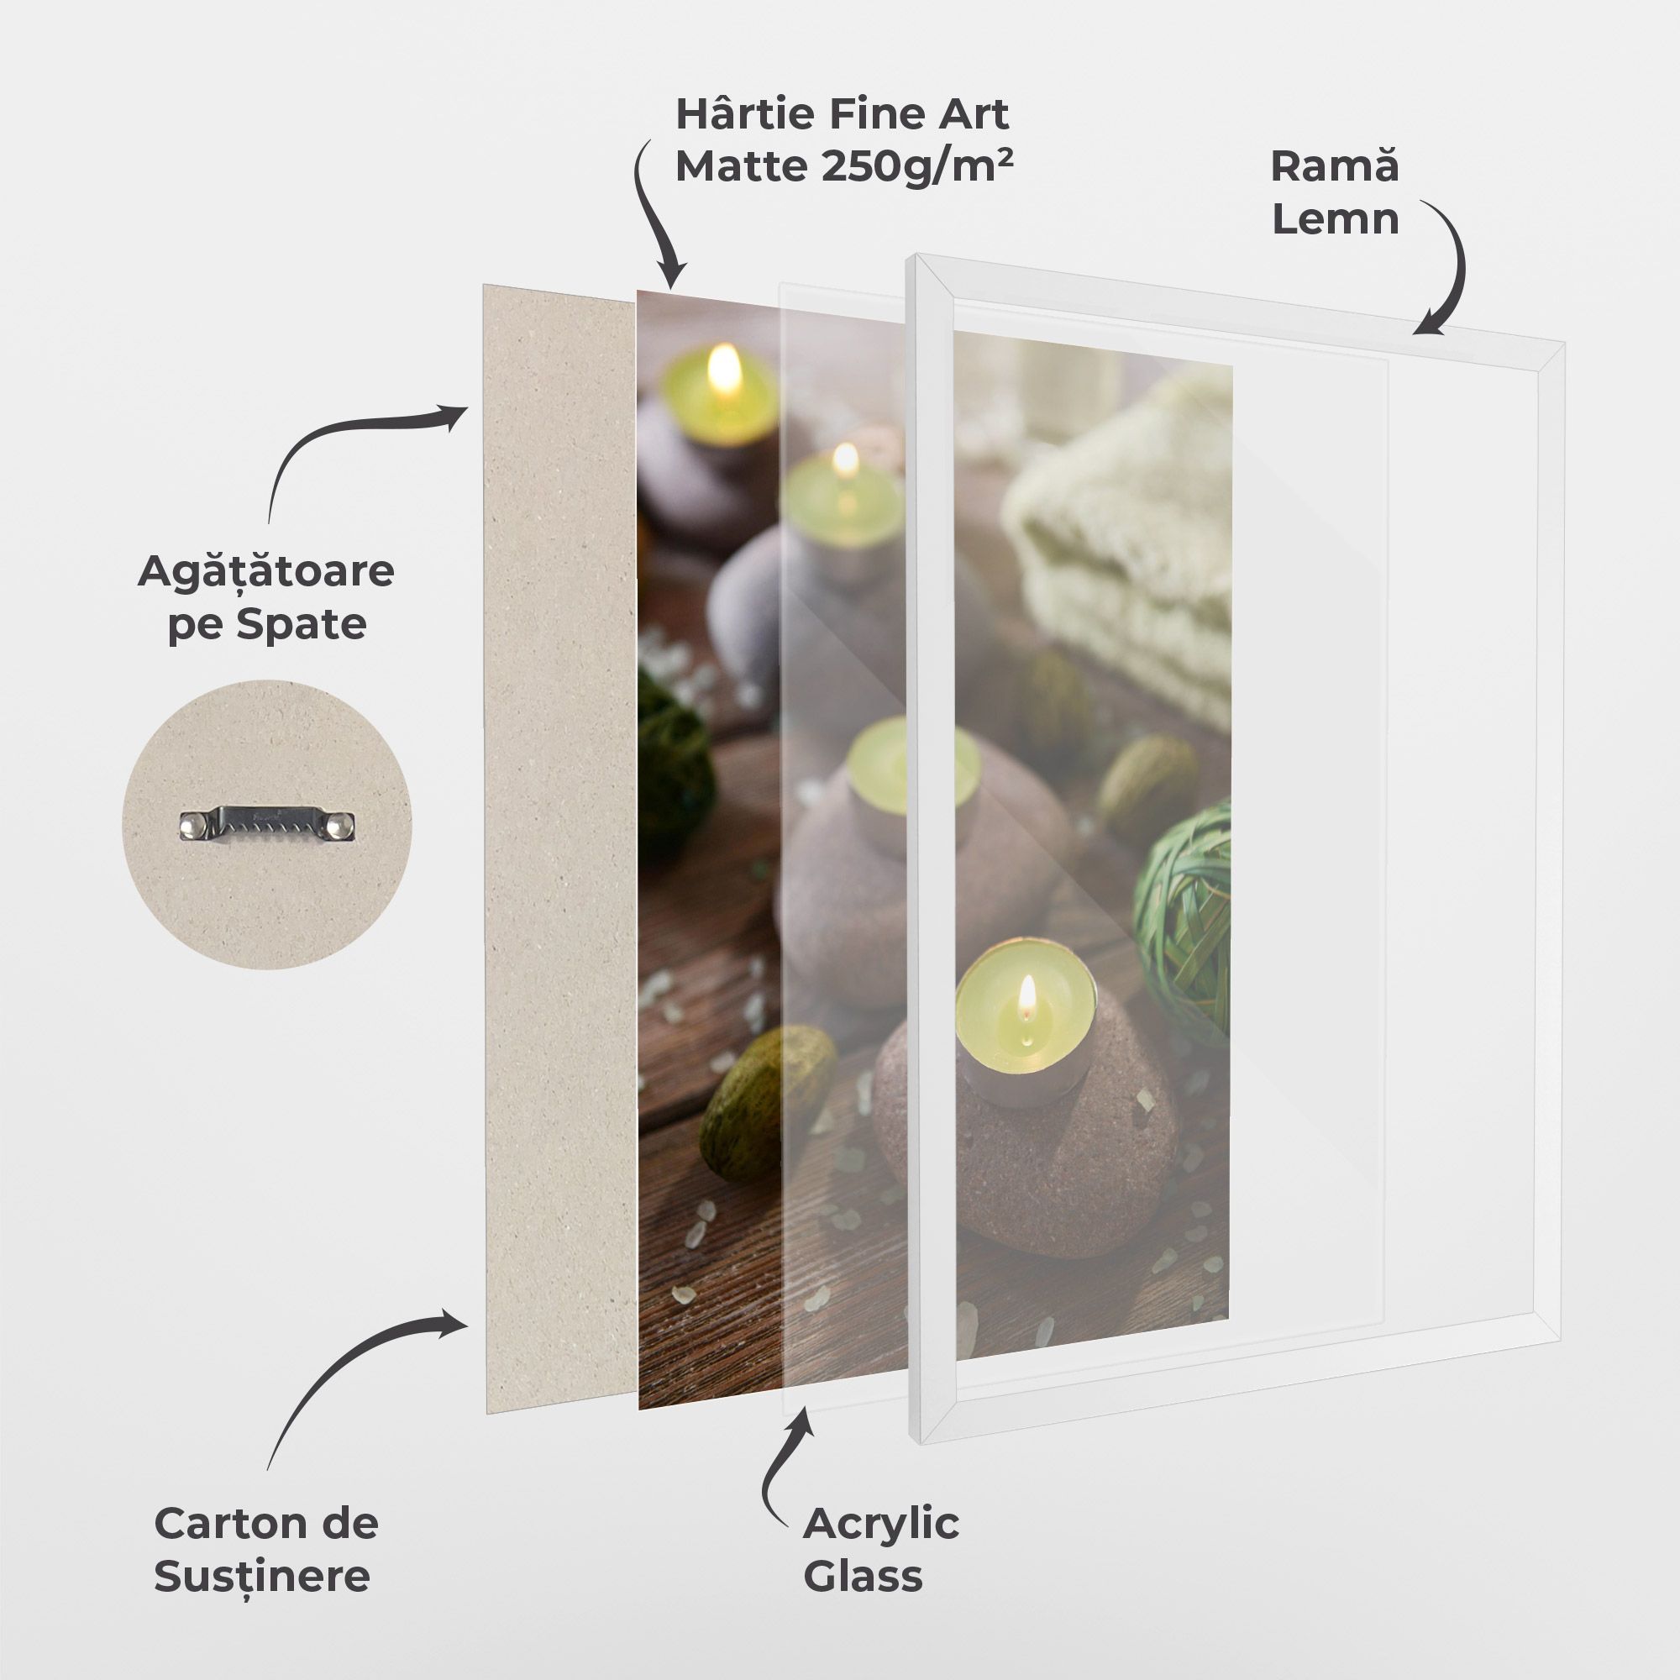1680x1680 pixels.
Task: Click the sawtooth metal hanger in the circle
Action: click(268, 824)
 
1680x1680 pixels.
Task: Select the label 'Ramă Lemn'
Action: click(1335, 192)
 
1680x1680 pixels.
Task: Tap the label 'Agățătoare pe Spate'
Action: click(266, 597)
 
